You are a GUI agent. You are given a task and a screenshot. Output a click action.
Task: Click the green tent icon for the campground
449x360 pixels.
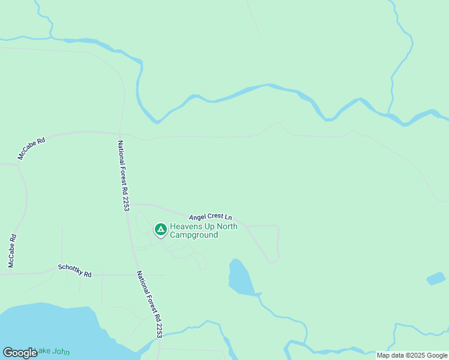160,229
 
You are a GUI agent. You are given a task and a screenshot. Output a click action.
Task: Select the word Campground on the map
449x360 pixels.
193,235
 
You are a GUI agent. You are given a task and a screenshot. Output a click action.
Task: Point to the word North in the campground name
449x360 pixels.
226,226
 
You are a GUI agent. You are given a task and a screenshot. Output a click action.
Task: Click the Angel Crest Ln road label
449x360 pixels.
210,216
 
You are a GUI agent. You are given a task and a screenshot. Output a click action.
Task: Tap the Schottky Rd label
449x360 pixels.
74,271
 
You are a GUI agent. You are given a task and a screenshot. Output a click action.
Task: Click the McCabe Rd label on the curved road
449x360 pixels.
31,149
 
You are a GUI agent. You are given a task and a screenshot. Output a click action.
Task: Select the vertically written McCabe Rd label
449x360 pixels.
11,250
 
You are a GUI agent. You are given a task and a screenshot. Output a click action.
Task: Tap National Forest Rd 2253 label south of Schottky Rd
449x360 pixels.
149,304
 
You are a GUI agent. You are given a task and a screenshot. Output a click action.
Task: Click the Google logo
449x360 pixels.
20,353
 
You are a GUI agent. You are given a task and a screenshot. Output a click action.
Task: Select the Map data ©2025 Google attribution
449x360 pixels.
412,355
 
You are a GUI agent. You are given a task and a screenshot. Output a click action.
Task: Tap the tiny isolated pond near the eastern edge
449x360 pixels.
436,278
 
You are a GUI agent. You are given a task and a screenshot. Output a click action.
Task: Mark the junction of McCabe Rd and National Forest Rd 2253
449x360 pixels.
119,133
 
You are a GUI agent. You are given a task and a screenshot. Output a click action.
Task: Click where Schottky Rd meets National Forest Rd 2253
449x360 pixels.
136,275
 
